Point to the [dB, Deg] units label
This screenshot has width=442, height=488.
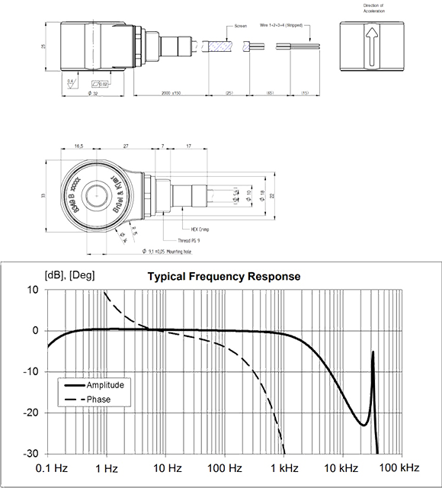coord(69,277)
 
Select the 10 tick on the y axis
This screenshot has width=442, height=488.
coord(34,290)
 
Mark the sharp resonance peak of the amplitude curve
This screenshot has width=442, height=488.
coord(373,351)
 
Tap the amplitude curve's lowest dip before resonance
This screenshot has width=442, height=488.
coord(360,424)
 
